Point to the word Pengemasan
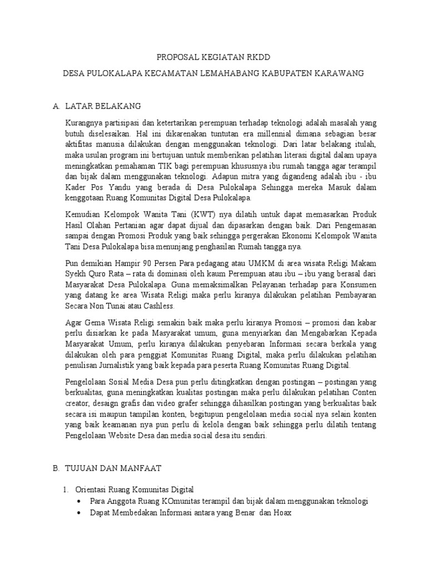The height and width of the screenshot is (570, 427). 338,226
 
